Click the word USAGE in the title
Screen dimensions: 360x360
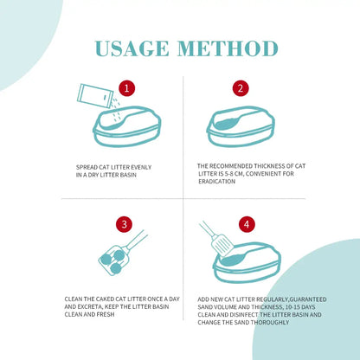[x=132, y=48]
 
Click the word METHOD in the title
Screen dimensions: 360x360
[x=228, y=48]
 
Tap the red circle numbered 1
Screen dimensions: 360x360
[x=126, y=88]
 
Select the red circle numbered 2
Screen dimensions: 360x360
[x=241, y=88]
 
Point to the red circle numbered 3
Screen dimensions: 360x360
[x=125, y=224]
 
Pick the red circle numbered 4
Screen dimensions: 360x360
[x=247, y=224]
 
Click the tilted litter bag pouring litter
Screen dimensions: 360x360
[x=94, y=96]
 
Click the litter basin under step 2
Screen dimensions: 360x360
[x=241, y=126]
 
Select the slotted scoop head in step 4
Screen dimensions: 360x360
[x=222, y=246]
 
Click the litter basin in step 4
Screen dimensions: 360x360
[x=247, y=262]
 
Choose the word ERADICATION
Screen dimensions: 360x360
[x=217, y=182]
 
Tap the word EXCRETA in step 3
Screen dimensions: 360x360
[x=89, y=306]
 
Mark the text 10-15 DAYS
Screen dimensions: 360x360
[x=300, y=307]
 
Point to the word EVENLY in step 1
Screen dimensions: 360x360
[x=141, y=167]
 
